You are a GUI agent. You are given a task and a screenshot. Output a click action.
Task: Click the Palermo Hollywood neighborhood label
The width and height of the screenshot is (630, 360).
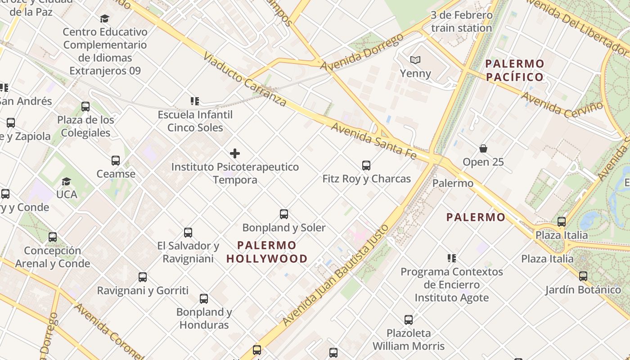(x=267, y=252)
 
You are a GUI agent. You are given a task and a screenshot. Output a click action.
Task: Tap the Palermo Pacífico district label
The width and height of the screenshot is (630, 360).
(x=515, y=70)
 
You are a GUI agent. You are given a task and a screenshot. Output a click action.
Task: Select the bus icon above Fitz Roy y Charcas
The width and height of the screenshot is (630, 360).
(x=366, y=166)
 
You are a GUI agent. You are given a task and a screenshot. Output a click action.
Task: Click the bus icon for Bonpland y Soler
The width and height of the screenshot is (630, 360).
(x=284, y=214)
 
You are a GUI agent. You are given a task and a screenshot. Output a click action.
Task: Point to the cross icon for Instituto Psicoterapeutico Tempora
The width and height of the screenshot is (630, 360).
(x=234, y=153)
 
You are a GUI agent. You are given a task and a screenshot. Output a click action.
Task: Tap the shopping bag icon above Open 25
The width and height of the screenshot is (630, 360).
(x=483, y=148)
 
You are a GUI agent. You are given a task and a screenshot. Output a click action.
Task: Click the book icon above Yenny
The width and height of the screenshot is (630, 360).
(x=415, y=60)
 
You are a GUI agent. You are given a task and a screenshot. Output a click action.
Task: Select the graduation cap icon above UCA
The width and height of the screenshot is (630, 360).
(x=67, y=181)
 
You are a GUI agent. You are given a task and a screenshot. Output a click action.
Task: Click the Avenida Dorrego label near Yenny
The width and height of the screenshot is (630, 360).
(x=362, y=52)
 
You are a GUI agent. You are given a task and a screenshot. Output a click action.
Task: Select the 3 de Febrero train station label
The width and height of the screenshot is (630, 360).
(x=461, y=22)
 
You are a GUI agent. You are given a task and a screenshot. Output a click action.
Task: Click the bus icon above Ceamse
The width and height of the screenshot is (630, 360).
(x=116, y=161)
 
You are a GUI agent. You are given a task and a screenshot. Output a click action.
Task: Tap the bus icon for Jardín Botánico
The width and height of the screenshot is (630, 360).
(x=583, y=276)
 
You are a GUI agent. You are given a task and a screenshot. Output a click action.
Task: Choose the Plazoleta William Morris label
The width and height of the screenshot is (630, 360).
(x=409, y=340)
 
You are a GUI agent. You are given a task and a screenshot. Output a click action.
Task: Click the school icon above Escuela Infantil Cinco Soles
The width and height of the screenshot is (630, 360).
(x=195, y=101)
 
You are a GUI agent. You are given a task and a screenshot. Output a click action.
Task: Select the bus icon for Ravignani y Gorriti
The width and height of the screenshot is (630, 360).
(x=143, y=277)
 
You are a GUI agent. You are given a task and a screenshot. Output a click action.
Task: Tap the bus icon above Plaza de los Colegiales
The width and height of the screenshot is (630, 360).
(x=85, y=107)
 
